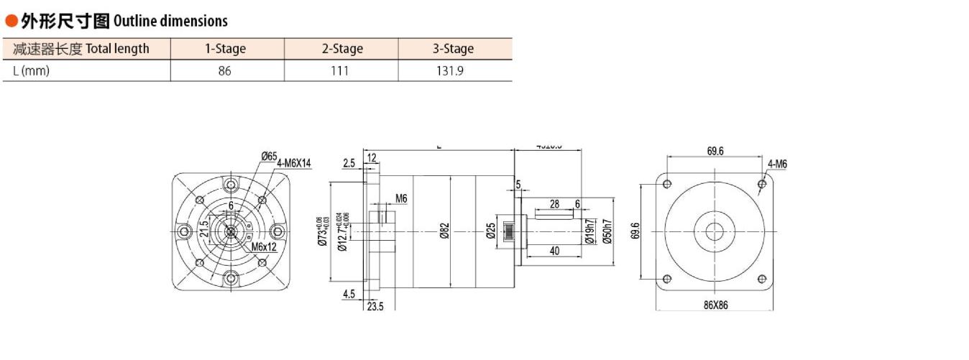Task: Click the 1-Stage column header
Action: pyautogui.click(x=225, y=49)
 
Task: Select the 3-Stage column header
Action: pyautogui.click(x=453, y=49)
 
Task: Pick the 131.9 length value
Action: pyautogui.click(x=454, y=71)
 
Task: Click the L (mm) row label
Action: pyautogui.click(x=31, y=71)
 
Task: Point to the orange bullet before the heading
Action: pyautogui.click(x=11, y=21)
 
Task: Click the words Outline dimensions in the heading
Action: pyautogui.click(x=170, y=21)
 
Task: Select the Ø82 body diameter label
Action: pyautogui.click(x=445, y=231)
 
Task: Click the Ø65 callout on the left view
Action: pyautogui.click(x=270, y=156)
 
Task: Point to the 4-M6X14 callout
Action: pyautogui.click(x=294, y=163)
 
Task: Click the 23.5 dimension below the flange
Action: pyautogui.click(x=375, y=305)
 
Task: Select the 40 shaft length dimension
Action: pyautogui.click(x=554, y=251)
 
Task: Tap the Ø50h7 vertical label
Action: pyautogui.click(x=607, y=231)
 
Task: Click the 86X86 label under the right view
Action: pyautogui.click(x=715, y=305)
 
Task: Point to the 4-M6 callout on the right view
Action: pyautogui.click(x=777, y=165)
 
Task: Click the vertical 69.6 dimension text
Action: pyautogui.click(x=635, y=231)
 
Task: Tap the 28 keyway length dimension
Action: pyautogui.click(x=554, y=204)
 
